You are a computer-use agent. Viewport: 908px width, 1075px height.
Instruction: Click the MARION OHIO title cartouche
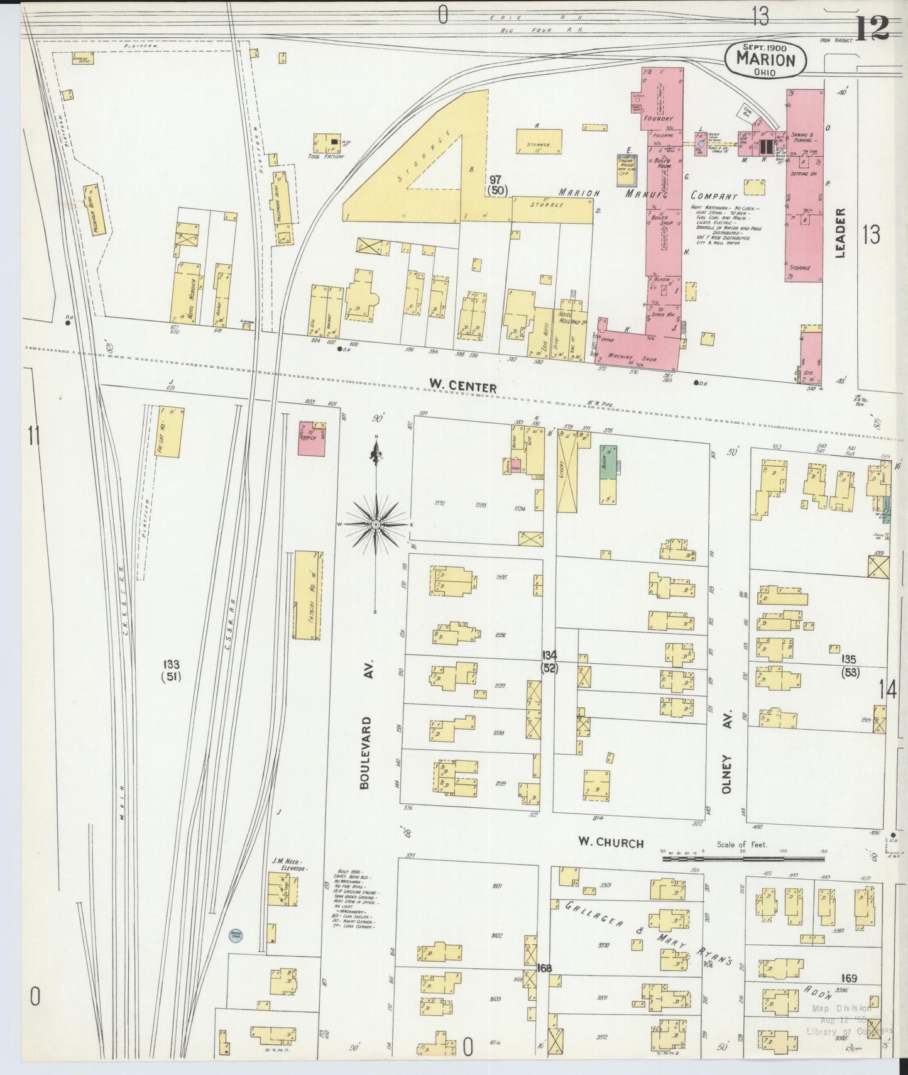[x=765, y=59]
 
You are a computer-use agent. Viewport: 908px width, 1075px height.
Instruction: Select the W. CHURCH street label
[x=611, y=843]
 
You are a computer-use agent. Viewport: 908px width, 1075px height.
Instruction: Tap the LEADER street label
[x=841, y=233]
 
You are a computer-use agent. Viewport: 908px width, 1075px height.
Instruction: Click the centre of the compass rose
[x=376, y=524]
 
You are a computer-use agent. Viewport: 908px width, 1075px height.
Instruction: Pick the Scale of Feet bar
[x=741, y=857]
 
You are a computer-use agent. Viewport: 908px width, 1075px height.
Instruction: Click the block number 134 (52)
[x=550, y=661]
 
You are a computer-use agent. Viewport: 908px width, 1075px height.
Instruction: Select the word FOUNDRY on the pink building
[x=658, y=118]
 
